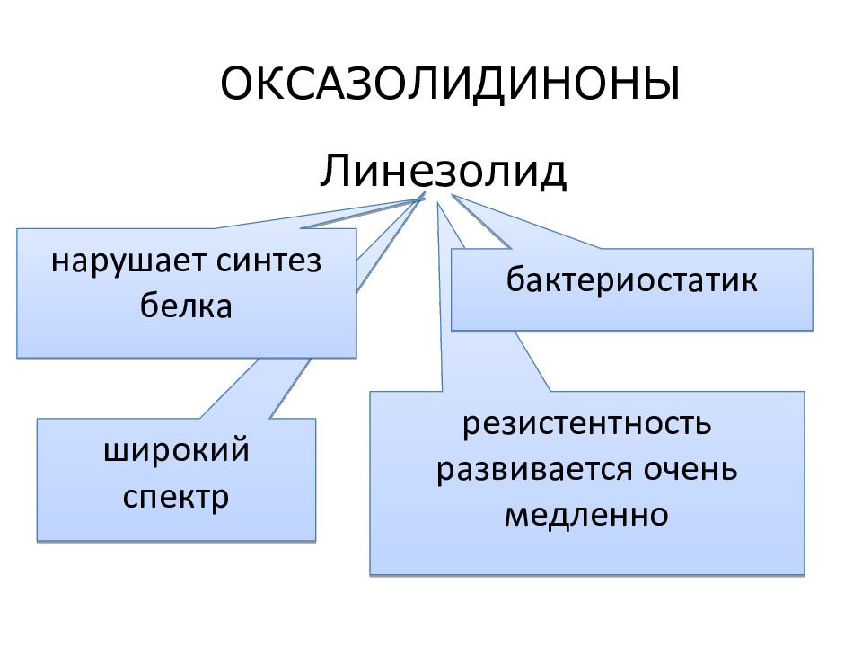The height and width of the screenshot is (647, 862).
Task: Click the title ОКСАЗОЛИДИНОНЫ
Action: pos(450,84)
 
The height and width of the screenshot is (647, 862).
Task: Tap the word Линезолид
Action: pos(443,171)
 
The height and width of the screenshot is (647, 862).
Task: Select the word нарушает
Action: pos(128,261)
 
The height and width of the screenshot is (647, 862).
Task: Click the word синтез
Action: pos(268,261)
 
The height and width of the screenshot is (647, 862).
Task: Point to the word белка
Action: pos(186,305)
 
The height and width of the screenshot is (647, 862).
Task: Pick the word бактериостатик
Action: pos(631,279)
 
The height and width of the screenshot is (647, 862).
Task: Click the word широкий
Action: pos(177,450)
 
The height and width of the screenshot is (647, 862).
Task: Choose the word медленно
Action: pos(586,515)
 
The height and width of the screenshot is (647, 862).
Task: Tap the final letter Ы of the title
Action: pos(662,84)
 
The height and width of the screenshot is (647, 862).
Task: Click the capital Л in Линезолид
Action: pos(336,171)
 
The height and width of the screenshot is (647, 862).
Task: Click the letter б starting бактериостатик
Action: pos(516,279)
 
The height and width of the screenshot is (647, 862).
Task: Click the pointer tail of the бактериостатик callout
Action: pos(452,195)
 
